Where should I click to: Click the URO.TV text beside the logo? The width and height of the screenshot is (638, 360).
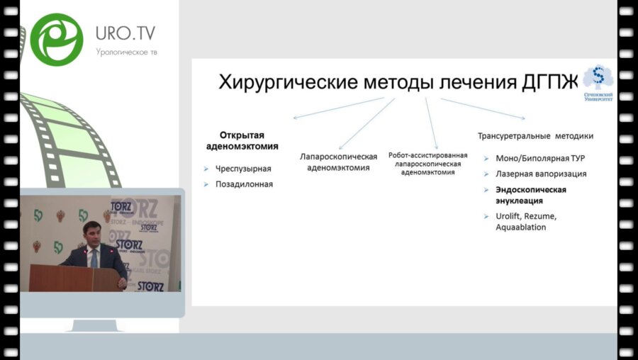tap(125, 33)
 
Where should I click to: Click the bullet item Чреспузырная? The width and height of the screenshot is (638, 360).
tap(243, 169)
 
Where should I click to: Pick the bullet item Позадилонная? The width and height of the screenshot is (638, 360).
tap(244, 184)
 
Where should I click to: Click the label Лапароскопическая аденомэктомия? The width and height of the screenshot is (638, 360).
tap(338, 162)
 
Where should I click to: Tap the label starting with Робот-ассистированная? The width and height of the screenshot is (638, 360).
tap(427, 163)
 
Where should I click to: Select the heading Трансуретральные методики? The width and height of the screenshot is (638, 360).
tap(535, 135)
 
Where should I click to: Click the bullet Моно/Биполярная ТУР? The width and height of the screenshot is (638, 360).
tap(539, 158)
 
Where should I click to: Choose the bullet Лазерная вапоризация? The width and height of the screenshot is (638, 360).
tap(541, 174)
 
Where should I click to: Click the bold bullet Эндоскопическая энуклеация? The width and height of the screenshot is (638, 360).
tap(530, 195)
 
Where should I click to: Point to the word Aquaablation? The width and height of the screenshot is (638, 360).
tap(521, 227)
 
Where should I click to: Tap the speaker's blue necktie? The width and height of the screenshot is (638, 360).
tap(94, 257)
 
